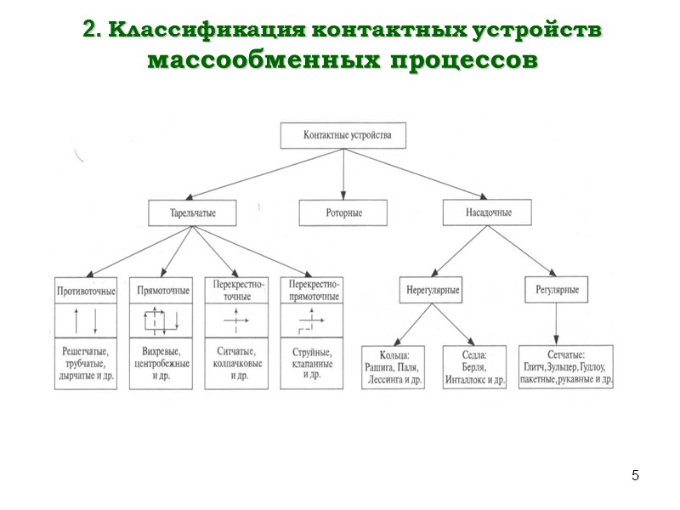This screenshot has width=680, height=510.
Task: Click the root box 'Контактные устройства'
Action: (x=343, y=135)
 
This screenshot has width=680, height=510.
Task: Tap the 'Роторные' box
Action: (x=343, y=212)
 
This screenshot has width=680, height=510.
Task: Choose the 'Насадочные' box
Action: (x=488, y=212)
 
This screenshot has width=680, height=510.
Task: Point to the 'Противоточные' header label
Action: (x=87, y=291)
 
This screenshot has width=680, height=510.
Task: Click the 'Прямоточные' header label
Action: (x=162, y=291)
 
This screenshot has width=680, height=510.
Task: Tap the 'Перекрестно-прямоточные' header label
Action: (x=314, y=291)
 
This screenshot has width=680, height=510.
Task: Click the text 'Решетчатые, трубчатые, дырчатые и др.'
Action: (x=87, y=362)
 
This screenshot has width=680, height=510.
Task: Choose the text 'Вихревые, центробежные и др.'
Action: (x=162, y=362)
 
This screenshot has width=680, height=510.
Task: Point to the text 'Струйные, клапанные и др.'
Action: (x=314, y=362)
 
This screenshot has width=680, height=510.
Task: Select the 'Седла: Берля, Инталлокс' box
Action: (x=474, y=367)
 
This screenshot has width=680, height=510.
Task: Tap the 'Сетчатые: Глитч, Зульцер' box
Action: (x=564, y=367)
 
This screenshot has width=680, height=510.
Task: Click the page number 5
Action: (x=634, y=474)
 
